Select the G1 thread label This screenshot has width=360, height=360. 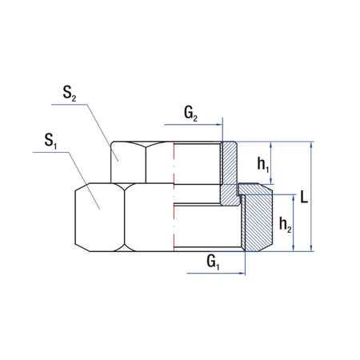pyautogui.click(x=212, y=261)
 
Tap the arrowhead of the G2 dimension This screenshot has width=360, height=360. pyautogui.click(x=221, y=126)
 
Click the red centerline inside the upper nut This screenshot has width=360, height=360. pyautogui.click(x=174, y=164)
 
